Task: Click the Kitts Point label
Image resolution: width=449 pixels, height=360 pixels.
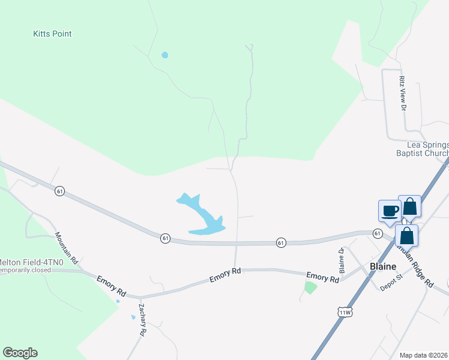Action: tap(52, 34)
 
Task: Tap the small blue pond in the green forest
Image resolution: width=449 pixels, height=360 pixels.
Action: tap(164, 55)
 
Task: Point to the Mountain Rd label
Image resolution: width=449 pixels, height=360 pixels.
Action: tap(66, 248)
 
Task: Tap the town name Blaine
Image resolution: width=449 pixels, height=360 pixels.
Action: tap(382, 266)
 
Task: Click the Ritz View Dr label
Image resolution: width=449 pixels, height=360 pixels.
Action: tap(403, 93)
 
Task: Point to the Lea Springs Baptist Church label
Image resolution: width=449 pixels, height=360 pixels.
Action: tap(427, 149)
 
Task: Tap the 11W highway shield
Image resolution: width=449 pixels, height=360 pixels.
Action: tap(344, 312)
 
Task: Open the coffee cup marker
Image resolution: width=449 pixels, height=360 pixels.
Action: tap(390, 211)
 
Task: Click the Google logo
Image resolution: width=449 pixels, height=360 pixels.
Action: tap(20, 353)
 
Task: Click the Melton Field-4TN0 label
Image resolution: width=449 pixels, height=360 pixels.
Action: tap(26, 261)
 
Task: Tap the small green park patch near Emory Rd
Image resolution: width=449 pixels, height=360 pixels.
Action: tap(310, 287)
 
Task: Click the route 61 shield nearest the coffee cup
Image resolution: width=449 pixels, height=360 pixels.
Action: tap(377, 233)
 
